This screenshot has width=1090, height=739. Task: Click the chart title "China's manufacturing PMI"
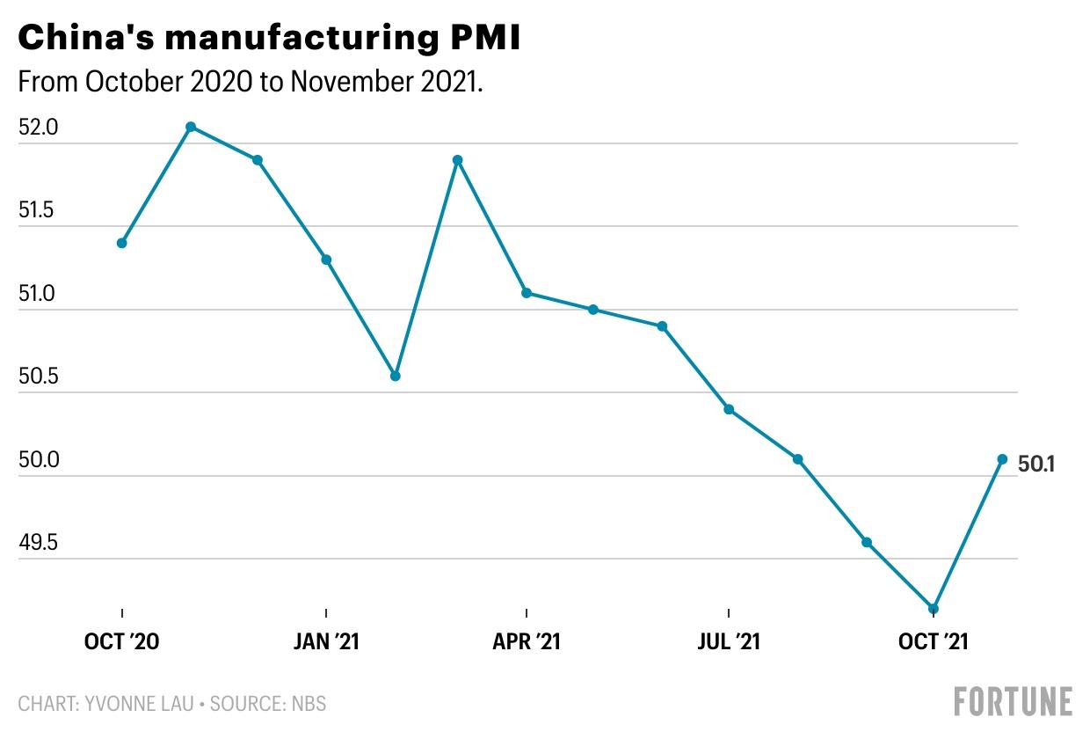[x=269, y=38]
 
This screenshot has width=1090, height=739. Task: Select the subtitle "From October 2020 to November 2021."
[x=251, y=81]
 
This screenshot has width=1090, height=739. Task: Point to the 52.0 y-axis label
[x=38, y=128]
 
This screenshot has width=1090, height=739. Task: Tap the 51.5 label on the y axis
[x=36, y=210]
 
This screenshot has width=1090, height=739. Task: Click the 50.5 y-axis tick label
[x=38, y=376]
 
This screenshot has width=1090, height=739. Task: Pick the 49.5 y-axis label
[x=38, y=542]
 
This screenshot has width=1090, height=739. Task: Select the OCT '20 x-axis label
[x=121, y=641]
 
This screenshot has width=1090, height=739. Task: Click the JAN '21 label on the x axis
[x=326, y=641]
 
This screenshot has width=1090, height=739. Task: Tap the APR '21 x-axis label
[x=527, y=641]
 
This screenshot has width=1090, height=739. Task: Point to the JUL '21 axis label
[x=729, y=641]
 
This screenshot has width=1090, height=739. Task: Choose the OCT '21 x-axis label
[x=934, y=641]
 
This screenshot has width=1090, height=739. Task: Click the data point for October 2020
[x=121, y=243]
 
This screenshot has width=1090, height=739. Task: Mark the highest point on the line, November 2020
[x=192, y=128]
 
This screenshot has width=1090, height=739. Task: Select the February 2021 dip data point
[x=396, y=376]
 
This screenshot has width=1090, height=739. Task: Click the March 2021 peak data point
[x=457, y=160]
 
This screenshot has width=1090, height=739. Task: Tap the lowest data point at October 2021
[x=934, y=609]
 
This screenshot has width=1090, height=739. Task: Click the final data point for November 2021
[x=1002, y=459]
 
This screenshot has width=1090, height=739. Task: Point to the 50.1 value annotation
[x=1036, y=465]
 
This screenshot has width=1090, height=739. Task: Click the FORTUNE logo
[x=1014, y=701]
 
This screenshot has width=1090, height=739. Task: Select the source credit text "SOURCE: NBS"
[x=267, y=704]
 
